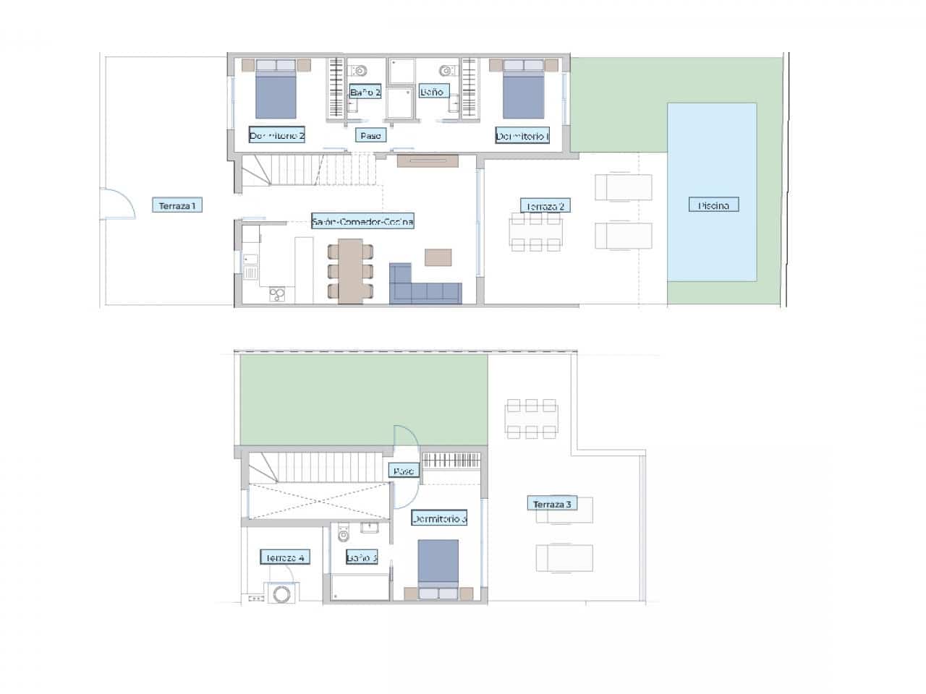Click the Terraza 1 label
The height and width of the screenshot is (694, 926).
177,206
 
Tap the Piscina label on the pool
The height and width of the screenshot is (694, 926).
713,205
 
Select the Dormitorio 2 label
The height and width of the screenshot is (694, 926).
277,135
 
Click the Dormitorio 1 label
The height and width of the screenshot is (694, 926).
522,135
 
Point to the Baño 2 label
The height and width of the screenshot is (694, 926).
365,92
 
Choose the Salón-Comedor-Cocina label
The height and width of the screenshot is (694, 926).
362,221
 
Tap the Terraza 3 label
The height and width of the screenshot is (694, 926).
552,504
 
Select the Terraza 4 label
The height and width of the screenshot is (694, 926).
285,557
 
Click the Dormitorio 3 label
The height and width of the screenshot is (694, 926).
439,518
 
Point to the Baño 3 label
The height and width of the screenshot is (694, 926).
361,557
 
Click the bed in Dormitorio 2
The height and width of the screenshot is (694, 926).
276,90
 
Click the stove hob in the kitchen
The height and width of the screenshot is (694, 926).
277,294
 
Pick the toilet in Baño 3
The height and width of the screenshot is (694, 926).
344,534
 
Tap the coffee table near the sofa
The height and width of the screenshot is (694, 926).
438,257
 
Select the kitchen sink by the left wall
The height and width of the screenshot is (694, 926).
250,272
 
